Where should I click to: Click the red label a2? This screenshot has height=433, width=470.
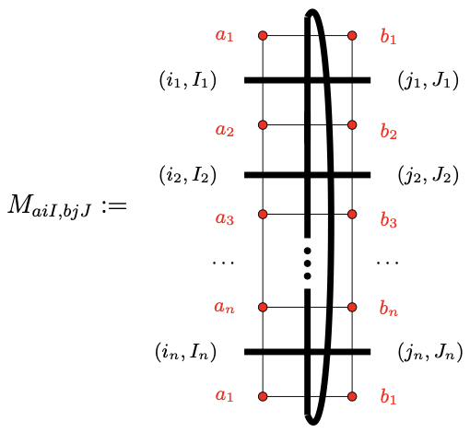225,130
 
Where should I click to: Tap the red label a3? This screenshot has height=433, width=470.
225,219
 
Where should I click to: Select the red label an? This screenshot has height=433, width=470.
225,308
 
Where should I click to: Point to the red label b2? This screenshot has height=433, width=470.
388,131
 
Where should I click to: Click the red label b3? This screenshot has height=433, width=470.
388,221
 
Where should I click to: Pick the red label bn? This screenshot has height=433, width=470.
388,309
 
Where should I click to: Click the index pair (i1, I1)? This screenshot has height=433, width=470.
187,81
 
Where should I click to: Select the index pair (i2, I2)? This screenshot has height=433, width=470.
187,174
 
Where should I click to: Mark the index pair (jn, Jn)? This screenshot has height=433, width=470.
429,351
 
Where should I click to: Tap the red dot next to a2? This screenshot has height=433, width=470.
263,124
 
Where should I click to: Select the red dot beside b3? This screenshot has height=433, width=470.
353,214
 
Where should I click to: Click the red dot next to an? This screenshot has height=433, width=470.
263,306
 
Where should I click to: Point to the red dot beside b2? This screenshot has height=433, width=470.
353,124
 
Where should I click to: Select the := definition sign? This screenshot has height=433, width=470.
112,205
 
